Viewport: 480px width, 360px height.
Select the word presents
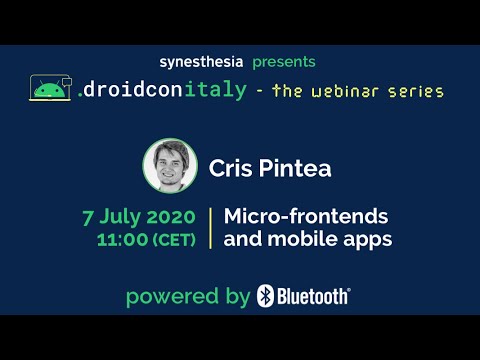point(286,62)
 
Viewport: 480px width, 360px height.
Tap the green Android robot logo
point(46,91)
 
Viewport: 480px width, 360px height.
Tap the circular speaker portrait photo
point(170,165)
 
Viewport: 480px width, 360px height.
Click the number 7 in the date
point(87,216)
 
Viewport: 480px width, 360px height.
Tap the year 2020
point(173,216)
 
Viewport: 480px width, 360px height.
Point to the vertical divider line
point(210,227)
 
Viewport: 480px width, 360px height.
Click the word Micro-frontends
point(306,216)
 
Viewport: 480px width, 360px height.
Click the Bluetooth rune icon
point(265,295)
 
